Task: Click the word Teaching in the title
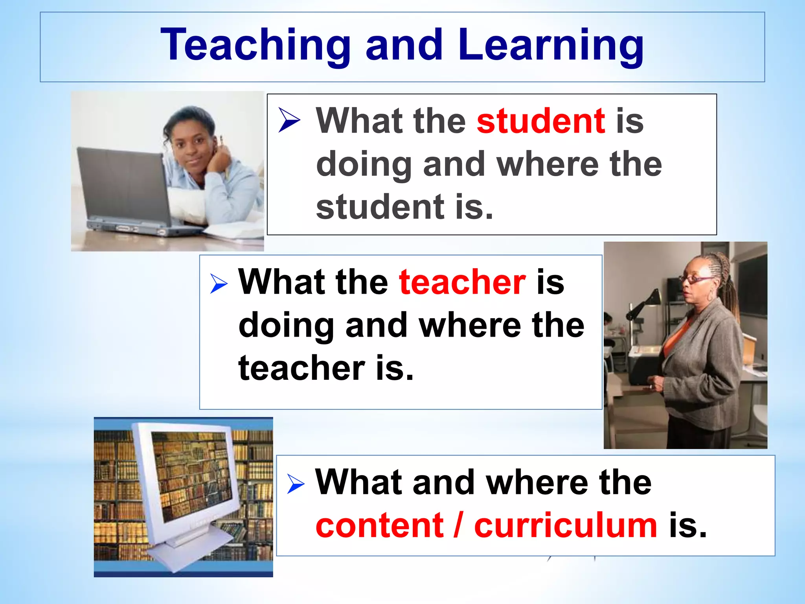(x=255, y=45)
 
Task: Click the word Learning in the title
(x=550, y=45)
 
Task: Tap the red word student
(x=541, y=121)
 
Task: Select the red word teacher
(x=462, y=282)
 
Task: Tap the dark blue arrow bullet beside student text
(x=289, y=120)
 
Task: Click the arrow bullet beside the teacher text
(x=219, y=284)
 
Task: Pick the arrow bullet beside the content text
(x=296, y=484)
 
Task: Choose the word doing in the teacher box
(x=286, y=326)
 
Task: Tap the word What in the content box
(x=357, y=482)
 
